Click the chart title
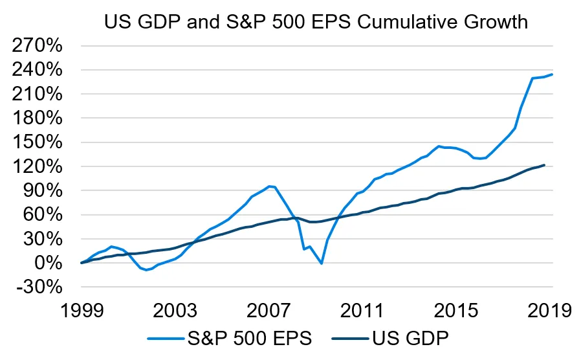(316, 22)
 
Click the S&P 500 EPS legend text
(248, 337)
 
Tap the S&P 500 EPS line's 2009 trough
(322, 264)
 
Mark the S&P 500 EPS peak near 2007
(269, 186)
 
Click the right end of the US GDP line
(544, 165)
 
